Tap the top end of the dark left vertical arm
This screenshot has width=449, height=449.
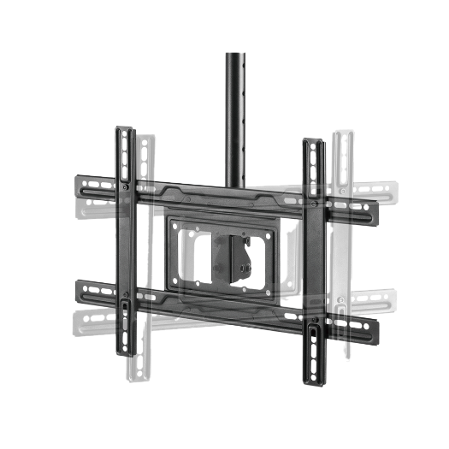tap(125, 133)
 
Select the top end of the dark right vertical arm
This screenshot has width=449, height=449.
tap(314, 144)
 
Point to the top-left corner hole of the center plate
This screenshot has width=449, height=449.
tap(176, 225)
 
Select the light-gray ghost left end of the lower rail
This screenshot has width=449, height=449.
tap(79, 322)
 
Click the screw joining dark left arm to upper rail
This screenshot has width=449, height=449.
tap(126, 187)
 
